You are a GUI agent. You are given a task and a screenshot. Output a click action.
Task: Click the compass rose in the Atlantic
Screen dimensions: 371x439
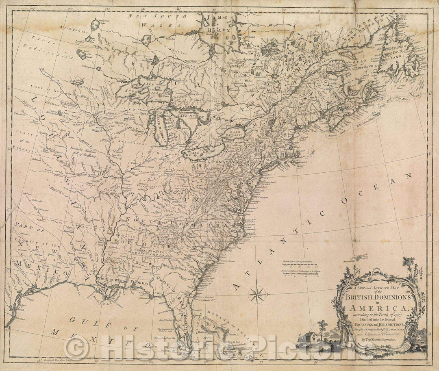pyautogui.click(x=256, y=294)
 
